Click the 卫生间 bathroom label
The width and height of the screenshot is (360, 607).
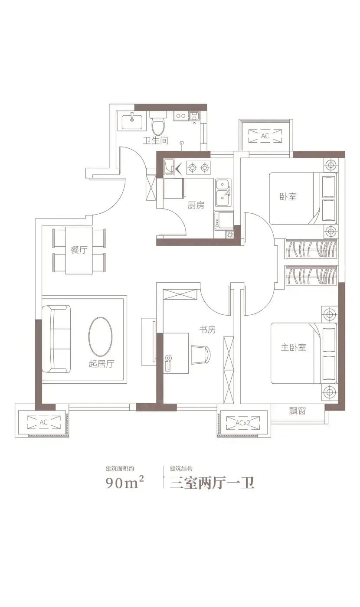tap(156, 140)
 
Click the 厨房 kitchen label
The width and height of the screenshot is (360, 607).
tap(196, 206)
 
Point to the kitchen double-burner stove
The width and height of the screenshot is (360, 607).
tap(198, 168)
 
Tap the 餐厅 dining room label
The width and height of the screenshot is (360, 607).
tap(79, 250)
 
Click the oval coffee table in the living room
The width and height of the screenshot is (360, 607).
tap(100, 336)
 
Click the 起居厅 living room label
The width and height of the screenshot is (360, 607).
tap(101, 364)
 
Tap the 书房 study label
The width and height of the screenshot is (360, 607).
tap(207, 330)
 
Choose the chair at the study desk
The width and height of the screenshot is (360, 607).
tap(200, 355)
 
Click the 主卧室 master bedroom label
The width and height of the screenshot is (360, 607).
tap(294, 347)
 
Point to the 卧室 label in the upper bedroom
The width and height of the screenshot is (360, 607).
tap(288, 197)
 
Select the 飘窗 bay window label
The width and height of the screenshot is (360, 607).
tap(298, 411)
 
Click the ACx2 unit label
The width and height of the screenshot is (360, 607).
tap(243, 423)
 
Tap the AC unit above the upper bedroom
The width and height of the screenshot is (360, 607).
tap(265, 136)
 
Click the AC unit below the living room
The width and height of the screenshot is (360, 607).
tap(44, 422)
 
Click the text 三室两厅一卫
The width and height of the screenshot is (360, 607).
tap(212, 483)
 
